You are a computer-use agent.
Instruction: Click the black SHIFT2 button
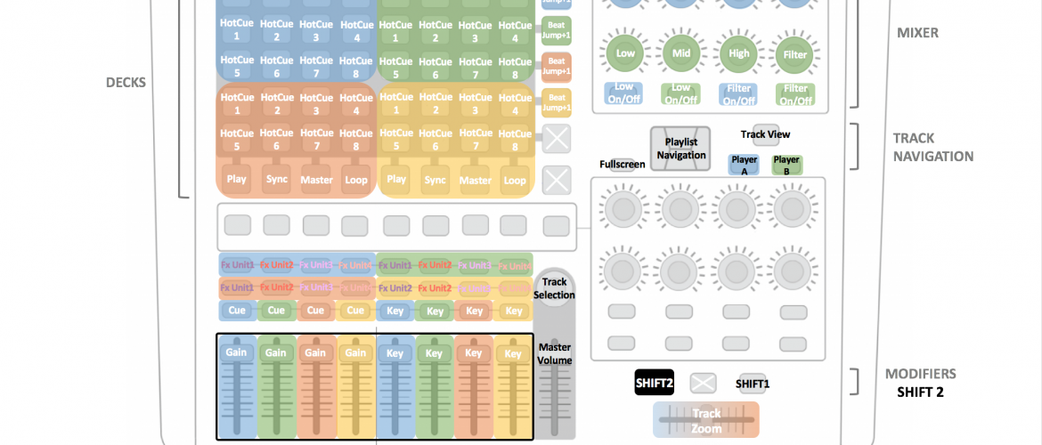pyautogui.click(x=655, y=383)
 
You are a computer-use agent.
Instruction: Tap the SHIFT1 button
pyautogui.click(x=753, y=384)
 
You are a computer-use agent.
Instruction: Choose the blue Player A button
pyautogui.click(x=745, y=165)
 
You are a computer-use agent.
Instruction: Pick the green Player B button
pyautogui.click(x=786, y=165)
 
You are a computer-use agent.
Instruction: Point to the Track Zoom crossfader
pyautogui.click(x=706, y=419)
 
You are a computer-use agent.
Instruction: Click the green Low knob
pyautogui.click(x=624, y=54)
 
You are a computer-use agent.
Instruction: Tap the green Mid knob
pyautogui.click(x=681, y=54)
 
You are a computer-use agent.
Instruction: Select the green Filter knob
pyautogui.click(x=794, y=54)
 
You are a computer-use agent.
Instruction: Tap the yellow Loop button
pyautogui.click(x=515, y=180)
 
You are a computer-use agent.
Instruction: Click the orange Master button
pyautogui.click(x=316, y=180)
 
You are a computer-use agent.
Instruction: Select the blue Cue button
pyautogui.click(x=237, y=311)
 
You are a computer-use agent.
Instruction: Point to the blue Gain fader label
pyautogui.click(x=237, y=353)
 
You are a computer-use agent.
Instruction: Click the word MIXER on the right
pyautogui.click(x=917, y=34)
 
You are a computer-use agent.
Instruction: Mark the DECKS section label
pyautogui.click(x=126, y=83)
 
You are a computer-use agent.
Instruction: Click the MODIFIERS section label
pyautogui.click(x=920, y=374)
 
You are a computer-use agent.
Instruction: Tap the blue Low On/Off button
pyautogui.click(x=624, y=93)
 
